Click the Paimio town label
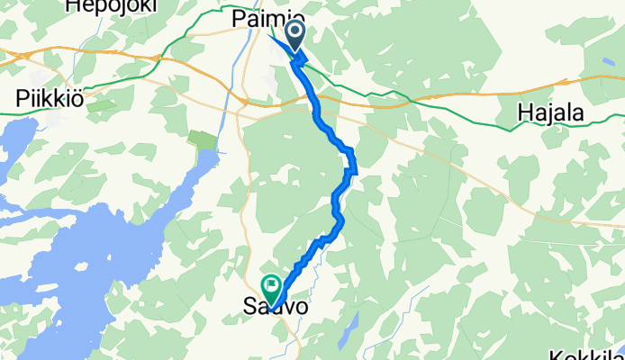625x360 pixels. click(268, 19)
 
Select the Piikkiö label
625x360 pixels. click(50, 98)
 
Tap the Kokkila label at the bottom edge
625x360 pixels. click(590, 352)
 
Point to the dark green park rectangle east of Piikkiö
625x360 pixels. click(101, 105)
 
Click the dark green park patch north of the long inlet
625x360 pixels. click(204, 140)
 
